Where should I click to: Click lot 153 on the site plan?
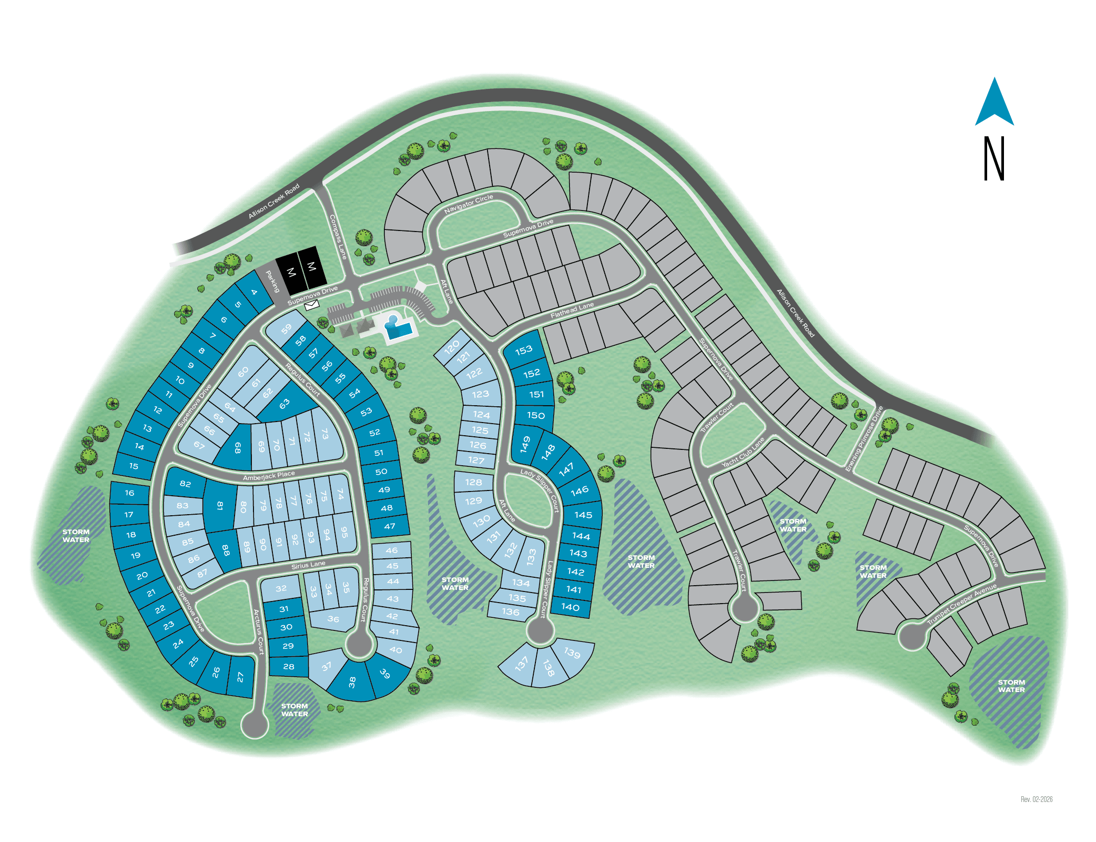tap(524, 350)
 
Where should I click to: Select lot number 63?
tap(285, 404)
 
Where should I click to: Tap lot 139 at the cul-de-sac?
tap(572, 653)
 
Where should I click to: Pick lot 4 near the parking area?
tap(254, 292)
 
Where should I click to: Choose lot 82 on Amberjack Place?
tap(185, 484)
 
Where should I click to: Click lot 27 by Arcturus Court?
tap(240, 677)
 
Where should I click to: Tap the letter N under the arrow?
tap(994, 159)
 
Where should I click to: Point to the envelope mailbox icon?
tap(312, 305)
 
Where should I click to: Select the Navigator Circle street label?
tap(469, 204)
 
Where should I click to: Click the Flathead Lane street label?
tap(572, 310)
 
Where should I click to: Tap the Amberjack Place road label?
tap(269, 476)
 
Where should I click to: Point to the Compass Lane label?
tap(338, 237)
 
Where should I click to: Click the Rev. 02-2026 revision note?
tap(1036, 799)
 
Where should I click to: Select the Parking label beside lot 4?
tap(272, 282)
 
